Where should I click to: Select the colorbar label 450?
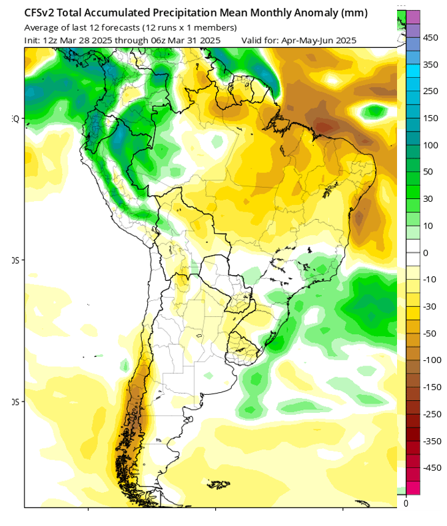point(430,37)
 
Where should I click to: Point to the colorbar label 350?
point(430,65)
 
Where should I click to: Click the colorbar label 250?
point(430,91)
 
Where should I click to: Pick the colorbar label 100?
point(430,145)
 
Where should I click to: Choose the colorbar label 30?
point(428,199)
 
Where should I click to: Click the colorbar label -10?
point(429,280)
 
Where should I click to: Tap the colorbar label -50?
point(429,333)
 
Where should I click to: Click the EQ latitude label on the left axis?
point(16,119)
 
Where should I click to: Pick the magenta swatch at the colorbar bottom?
point(412,487)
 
